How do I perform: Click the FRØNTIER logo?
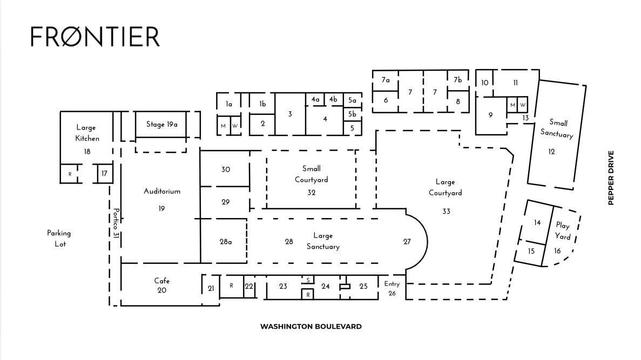click(x=95, y=36)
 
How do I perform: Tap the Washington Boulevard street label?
click(x=311, y=327)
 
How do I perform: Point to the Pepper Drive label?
click(x=611, y=178)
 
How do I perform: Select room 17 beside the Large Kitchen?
click(x=104, y=173)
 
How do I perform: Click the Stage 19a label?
click(x=161, y=124)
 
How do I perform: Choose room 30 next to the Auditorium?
click(x=226, y=169)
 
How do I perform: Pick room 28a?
click(x=226, y=242)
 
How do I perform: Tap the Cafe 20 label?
click(x=161, y=286)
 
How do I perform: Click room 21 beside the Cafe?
click(x=211, y=289)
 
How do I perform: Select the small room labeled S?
click(x=308, y=280)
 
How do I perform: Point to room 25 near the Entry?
click(x=363, y=286)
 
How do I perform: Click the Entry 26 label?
click(x=392, y=289)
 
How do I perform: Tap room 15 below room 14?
click(x=531, y=251)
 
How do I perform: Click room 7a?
click(x=386, y=80)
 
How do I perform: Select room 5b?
click(x=352, y=114)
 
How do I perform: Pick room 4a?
click(x=315, y=99)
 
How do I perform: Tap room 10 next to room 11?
click(x=484, y=83)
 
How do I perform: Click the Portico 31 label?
click(x=116, y=223)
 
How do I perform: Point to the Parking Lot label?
click(x=59, y=239)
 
